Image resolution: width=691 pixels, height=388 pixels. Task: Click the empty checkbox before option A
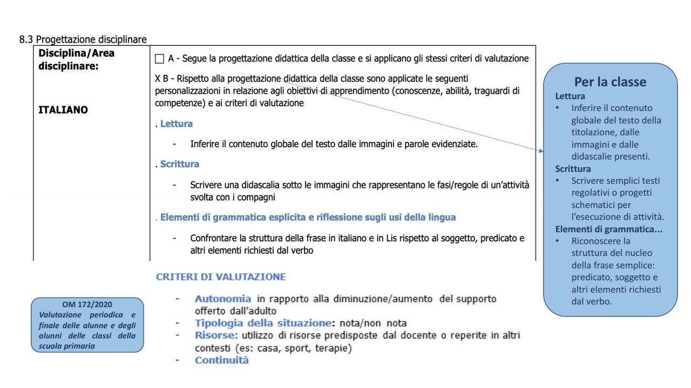pyautogui.click(x=159, y=59)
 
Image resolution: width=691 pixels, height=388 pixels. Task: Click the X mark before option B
pyautogui.click(x=158, y=79)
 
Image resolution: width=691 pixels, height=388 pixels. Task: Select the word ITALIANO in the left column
pyautogui.click(x=63, y=110)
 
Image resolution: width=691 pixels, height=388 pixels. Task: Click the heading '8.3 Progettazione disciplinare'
pyautogui.click(x=83, y=40)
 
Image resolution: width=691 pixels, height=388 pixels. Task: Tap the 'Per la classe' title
pyautogui.click(x=610, y=82)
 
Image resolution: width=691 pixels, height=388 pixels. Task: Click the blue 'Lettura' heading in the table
pyautogui.click(x=176, y=124)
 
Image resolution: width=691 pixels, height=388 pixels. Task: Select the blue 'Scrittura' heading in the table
pyautogui.click(x=179, y=164)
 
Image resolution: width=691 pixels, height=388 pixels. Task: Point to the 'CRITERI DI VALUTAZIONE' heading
pyautogui.click(x=221, y=277)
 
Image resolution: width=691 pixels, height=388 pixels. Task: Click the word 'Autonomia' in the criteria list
pyautogui.click(x=223, y=299)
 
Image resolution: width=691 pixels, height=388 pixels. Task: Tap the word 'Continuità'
pyautogui.click(x=222, y=360)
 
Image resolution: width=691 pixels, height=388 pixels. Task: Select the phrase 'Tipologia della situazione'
pyautogui.click(x=262, y=323)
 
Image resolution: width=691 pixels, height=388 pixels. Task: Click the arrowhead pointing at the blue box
pyautogui.click(x=540, y=151)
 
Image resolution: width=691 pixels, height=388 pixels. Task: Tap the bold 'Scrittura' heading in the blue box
pyautogui.click(x=573, y=169)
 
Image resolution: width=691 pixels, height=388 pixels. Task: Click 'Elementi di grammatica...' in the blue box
pyautogui.click(x=608, y=229)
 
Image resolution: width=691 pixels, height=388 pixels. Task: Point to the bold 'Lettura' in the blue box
pyautogui.click(x=570, y=96)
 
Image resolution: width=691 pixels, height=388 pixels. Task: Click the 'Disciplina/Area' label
pyautogui.click(x=77, y=53)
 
